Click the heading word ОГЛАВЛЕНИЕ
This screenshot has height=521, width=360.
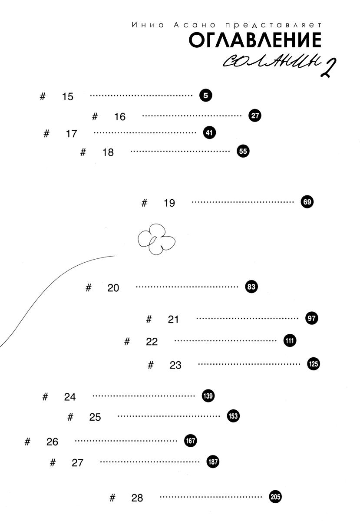click(255, 40)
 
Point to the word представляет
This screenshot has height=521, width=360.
click(273, 25)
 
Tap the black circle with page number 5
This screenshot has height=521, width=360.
click(206, 96)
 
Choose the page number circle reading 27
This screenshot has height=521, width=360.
click(255, 115)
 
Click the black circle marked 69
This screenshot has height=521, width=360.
click(307, 201)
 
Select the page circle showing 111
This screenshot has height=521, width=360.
click(290, 341)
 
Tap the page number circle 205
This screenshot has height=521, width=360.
click(275, 497)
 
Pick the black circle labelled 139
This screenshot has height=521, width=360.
click(208, 396)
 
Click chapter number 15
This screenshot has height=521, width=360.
click(68, 97)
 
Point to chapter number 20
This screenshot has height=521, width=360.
click(113, 288)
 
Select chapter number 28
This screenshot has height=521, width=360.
click(137, 498)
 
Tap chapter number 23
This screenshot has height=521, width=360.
click(175, 365)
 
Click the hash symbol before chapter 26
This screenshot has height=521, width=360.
click(27, 442)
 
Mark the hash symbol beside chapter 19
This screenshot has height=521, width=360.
click(144, 203)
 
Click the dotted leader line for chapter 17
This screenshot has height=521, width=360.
click(145, 133)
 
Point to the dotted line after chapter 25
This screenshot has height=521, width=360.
click(169, 416)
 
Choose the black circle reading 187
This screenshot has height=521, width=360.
click(213, 462)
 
